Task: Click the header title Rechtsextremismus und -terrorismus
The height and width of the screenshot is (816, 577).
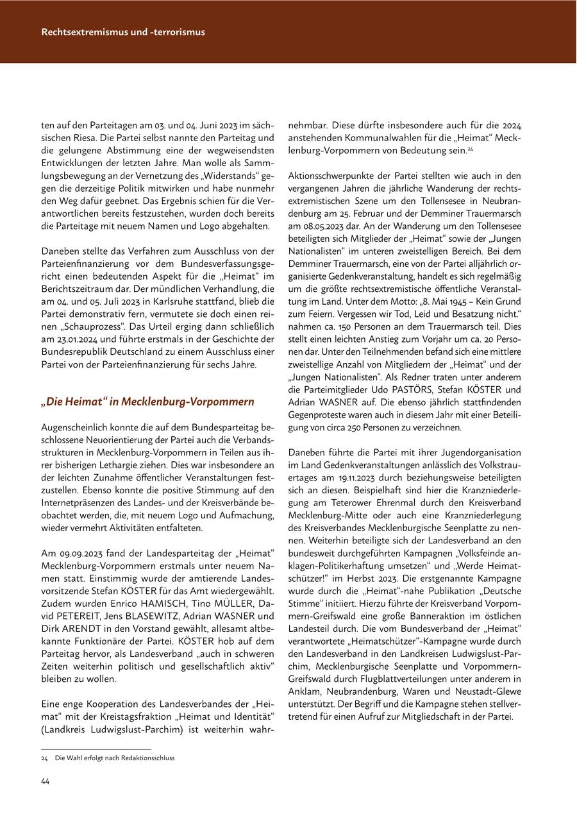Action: [123, 31]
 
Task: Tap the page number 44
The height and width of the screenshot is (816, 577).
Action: [46, 781]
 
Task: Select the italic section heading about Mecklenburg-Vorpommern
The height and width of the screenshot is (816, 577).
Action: [147, 402]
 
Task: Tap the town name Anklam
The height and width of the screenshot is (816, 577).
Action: [305, 692]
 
